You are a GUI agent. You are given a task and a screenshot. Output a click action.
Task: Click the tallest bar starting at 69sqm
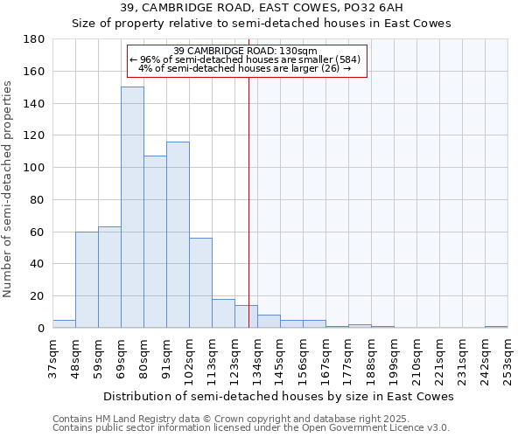[x=132, y=207]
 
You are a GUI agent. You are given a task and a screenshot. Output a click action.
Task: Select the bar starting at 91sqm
[x=178, y=234]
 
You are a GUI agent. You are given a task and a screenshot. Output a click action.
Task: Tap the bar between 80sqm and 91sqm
[x=155, y=241]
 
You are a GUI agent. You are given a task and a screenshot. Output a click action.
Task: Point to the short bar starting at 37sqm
[x=64, y=323]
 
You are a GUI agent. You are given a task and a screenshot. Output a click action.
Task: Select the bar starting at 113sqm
[x=223, y=313]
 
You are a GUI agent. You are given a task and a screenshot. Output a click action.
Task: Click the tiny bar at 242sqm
[x=496, y=326]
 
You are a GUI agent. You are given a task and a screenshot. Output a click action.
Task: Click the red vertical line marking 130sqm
[x=249, y=218]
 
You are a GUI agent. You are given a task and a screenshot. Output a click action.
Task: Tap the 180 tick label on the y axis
[x=34, y=39]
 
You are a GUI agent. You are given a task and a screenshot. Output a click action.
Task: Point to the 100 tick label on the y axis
[x=34, y=168]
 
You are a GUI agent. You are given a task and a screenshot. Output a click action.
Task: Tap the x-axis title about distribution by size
[x=278, y=396]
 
